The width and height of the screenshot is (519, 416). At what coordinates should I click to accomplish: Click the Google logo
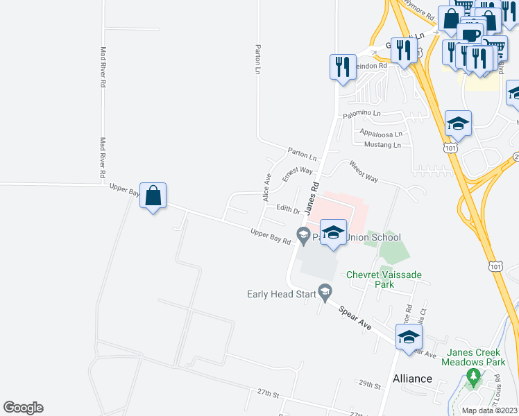[23, 408]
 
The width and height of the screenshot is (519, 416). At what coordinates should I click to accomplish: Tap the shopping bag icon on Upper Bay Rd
[153, 197]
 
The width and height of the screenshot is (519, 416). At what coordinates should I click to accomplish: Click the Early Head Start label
[282, 294]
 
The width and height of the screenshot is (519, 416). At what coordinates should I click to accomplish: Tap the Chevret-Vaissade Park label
[384, 279]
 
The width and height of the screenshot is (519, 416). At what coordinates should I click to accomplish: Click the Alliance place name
[412, 379]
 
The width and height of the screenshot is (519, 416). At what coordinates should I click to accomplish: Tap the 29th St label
[370, 383]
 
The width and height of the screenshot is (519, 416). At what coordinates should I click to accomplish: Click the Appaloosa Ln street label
[381, 133]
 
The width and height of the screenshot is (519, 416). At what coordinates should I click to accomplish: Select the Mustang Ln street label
[382, 145]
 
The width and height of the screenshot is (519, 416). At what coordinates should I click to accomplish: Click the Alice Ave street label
[266, 187]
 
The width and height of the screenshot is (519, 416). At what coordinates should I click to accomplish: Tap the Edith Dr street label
[287, 209]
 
